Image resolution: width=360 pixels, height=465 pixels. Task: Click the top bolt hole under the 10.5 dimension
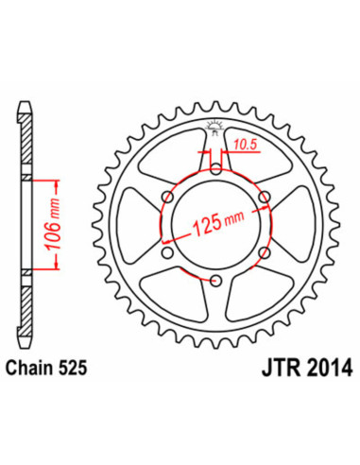tap(216, 169)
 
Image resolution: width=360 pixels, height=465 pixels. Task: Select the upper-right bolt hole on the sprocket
tap(266, 197)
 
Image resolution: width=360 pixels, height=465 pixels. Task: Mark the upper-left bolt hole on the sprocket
tap(168, 197)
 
